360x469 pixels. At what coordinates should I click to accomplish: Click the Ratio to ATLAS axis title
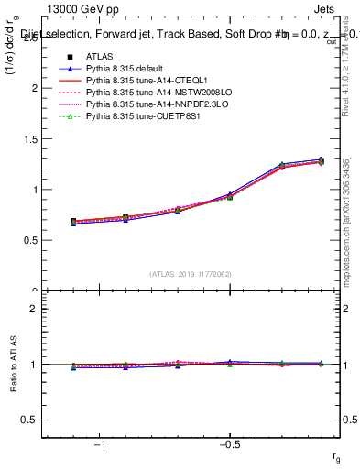(x=13, y=364)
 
